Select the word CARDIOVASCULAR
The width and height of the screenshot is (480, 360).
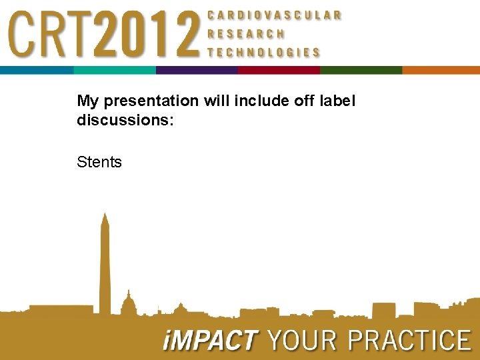click(275, 15)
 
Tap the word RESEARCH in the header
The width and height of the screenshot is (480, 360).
click(246, 33)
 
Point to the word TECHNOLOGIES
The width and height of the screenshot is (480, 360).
click(264, 52)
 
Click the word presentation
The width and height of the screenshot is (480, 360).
click(147, 101)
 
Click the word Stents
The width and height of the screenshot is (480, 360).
click(99, 162)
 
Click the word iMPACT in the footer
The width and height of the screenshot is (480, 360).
click(209, 341)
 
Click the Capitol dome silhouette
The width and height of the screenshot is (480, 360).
click(128, 303)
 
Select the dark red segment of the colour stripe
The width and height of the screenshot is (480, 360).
click(279, 70)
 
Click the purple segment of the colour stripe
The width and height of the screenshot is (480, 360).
click(197, 70)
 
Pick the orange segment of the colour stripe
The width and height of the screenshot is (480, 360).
click(441, 70)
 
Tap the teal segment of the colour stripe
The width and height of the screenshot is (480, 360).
click(114, 70)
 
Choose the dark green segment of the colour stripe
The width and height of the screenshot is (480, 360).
click(361, 70)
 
